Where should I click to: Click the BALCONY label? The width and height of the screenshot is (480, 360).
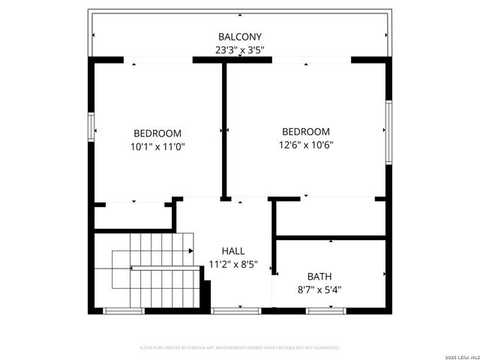pos(239,37)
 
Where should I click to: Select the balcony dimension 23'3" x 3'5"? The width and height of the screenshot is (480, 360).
pos(239,51)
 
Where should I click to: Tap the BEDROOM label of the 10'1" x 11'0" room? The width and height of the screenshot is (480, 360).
pos(157,133)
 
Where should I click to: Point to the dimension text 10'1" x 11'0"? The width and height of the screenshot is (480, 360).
pos(157,147)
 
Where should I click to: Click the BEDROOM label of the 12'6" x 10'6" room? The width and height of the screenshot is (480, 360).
pos(305,131)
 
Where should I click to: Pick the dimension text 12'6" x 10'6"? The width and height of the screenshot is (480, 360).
pos(305,145)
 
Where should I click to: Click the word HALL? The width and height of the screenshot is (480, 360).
pos(232,251)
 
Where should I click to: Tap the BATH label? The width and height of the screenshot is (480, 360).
pos(320,275)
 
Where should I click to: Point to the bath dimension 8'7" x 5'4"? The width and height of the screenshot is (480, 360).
pos(320,289)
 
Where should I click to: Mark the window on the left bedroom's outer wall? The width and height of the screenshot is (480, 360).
pos(91,126)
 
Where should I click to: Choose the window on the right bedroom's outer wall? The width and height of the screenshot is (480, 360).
pos(388,131)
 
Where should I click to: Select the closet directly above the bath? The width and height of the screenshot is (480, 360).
pos(331,218)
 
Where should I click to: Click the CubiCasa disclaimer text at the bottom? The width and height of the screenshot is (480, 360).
pos(239,348)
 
